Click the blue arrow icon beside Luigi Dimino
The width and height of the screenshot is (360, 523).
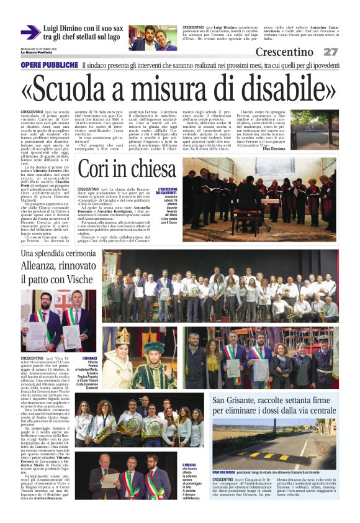pyautogui.click(x=30, y=32)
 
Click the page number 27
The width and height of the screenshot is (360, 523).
pyautogui.click(x=330, y=52)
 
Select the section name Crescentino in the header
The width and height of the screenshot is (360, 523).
pyautogui.click(x=284, y=52)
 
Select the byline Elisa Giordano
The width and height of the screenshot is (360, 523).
pyautogui.click(x=323, y=148)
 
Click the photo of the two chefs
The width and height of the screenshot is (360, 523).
pyautogui.click(x=153, y=37)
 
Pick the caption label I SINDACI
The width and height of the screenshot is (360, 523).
pyautogui.click(x=91, y=358)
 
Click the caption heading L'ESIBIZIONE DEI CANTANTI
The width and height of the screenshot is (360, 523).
pyautogui.click(x=168, y=192)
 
